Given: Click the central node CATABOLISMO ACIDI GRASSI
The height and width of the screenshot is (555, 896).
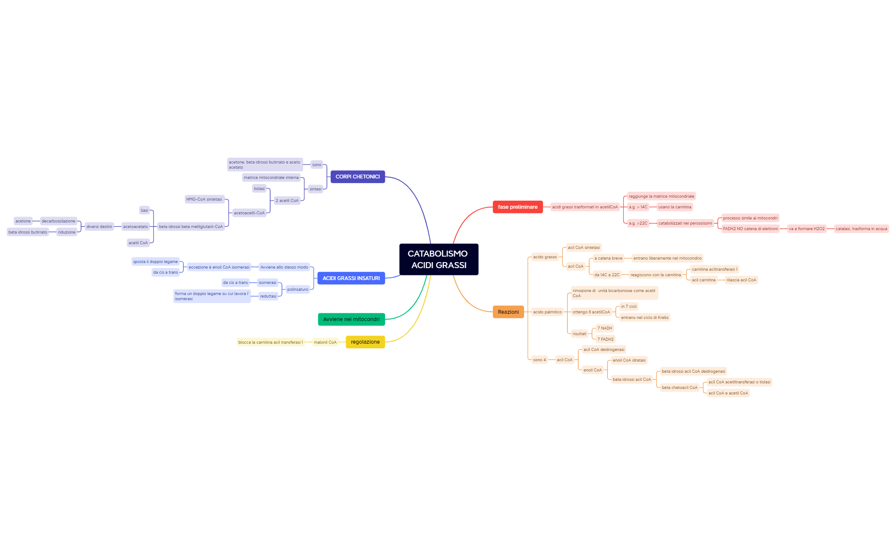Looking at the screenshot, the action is [x=439, y=259].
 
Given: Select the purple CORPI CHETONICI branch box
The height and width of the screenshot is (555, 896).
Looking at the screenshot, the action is [x=358, y=177].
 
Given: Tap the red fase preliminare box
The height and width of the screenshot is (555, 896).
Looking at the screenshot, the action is [x=518, y=207].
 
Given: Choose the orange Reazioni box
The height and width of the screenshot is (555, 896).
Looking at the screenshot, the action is [x=508, y=312].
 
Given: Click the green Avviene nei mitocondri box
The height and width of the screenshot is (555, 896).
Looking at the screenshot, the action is [x=351, y=319].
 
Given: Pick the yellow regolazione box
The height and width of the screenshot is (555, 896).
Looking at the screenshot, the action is [x=365, y=342].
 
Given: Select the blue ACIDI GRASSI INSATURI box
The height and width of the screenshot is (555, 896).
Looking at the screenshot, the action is [x=351, y=278].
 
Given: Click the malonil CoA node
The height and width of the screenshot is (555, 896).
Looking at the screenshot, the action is [x=325, y=342].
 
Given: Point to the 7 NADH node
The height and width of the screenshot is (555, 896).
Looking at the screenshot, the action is [x=605, y=328].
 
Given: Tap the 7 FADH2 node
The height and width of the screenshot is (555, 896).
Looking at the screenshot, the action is [x=605, y=339].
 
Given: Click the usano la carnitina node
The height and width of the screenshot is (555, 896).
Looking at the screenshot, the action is [x=675, y=207].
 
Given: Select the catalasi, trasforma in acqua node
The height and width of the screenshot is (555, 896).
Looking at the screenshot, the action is [x=861, y=229].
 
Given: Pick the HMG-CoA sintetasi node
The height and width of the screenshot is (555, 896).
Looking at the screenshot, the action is [x=204, y=199].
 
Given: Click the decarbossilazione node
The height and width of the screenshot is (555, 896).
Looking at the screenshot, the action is [x=58, y=221].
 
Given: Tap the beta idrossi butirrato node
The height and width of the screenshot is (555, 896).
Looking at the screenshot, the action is [x=28, y=232].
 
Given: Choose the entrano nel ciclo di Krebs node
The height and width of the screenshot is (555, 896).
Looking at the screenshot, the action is [x=645, y=318].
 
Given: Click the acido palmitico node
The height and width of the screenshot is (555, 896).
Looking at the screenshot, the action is [x=547, y=312].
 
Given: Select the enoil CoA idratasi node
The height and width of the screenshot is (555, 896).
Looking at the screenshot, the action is [x=629, y=360].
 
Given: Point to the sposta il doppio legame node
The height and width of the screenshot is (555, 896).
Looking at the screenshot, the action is [x=155, y=262].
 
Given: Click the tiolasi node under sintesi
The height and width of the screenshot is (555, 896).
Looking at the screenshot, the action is [x=259, y=189].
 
